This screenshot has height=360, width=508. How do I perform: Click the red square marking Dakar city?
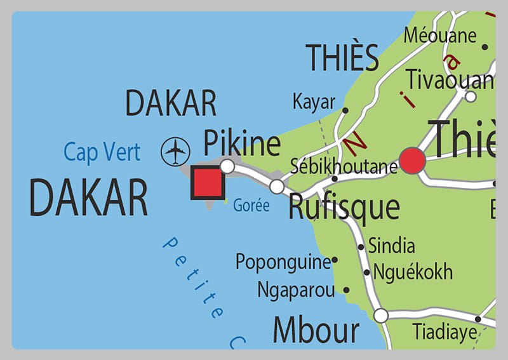click(x=208, y=183)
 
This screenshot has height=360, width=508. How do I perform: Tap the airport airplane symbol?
click(x=176, y=152)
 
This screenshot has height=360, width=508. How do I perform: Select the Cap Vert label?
click(x=102, y=152)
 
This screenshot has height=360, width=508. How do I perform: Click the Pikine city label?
click(x=241, y=143)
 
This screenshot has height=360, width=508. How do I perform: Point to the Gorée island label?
click(x=251, y=206)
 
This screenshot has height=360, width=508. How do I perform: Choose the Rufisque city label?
click(x=344, y=207)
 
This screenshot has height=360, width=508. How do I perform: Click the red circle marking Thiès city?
click(x=412, y=161)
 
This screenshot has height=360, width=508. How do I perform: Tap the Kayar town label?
click(x=314, y=102)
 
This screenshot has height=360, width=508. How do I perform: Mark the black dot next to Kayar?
click(x=345, y=110)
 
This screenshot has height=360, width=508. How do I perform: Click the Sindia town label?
click(x=392, y=246)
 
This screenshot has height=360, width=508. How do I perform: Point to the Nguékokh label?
click(x=413, y=272)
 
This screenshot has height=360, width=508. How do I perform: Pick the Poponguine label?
click(x=283, y=261)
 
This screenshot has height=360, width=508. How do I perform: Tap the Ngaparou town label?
click(x=296, y=290)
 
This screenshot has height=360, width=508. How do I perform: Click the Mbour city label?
click(x=316, y=330)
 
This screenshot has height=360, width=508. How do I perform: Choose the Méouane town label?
click(x=440, y=35)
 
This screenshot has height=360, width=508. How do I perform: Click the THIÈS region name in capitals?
click(x=342, y=58)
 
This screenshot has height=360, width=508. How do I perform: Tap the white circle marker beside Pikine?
click(x=227, y=166)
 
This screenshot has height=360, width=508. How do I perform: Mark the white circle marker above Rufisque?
click(x=277, y=187)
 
